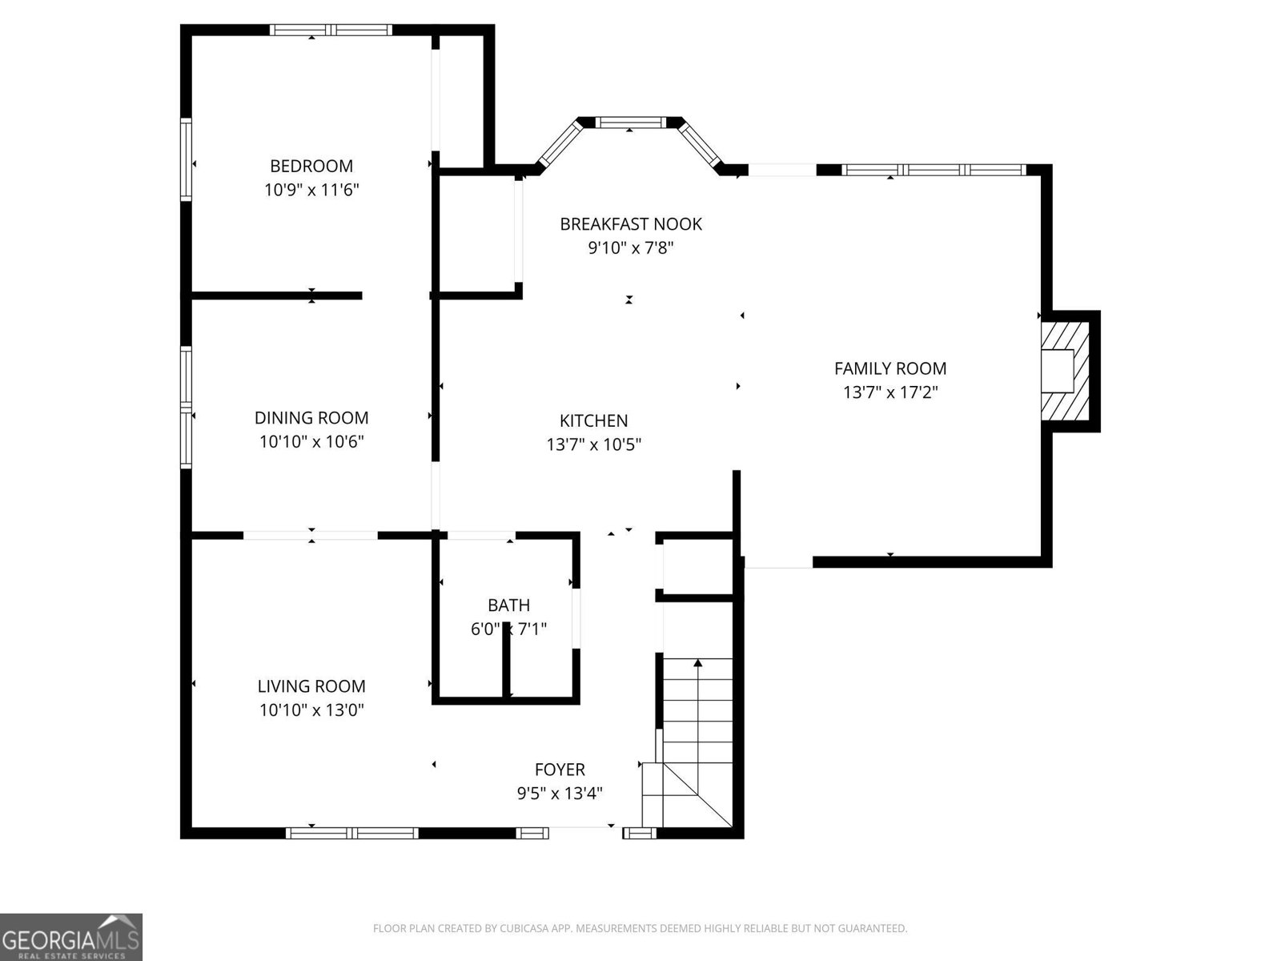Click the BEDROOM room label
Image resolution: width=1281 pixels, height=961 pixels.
(x=311, y=166)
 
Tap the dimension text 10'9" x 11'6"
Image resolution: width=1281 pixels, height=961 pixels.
(x=311, y=190)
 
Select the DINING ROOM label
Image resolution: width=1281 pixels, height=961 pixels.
(x=311, y=417)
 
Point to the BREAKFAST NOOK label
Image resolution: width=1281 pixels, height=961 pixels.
(x=630, y=224)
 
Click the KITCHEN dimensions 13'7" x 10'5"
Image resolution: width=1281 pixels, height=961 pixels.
(x=593, y=444)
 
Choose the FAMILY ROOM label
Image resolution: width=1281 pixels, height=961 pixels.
(x=889, y=368)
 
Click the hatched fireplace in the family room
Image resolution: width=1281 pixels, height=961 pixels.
(x=1065, y=371)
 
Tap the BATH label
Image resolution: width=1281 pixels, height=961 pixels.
(x=508, y=605)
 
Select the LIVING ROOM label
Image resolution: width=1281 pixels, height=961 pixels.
(x=311, y=686)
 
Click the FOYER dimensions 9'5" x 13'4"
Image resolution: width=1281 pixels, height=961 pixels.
(x=559, y=794)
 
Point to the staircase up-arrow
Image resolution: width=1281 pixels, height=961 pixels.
(x=698, y=664)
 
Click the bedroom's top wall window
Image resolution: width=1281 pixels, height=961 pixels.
(x=331, y=30)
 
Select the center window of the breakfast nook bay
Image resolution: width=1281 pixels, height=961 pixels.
(x=630, y=123)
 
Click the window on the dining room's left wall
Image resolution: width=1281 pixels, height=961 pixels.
(x=186, y=406)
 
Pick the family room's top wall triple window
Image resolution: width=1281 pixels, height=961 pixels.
(x=934, y=170)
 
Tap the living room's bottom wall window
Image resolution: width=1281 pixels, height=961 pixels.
(x=352, y=833)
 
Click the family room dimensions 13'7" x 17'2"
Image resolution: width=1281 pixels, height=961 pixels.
(x=889, y=392)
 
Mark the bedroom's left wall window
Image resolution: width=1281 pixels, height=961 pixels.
(x=186, y=159)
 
